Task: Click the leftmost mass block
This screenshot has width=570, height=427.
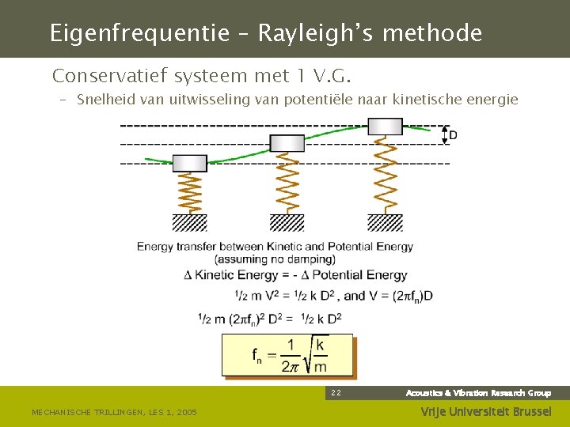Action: click(x=190, y=163)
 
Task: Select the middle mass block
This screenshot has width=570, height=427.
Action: click(x=287, y=143)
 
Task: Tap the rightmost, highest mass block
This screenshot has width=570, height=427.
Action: click(x=385, y=127)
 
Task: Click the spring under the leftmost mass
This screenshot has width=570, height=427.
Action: click(x=190, y=193)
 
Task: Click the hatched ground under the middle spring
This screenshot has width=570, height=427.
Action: click(x=287, y=222)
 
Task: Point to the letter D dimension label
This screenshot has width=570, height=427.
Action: click(x=453, y=135)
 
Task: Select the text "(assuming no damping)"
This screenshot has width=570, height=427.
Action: click(x=275, y=259)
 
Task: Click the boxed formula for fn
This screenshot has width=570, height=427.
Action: click(x=287, y=355)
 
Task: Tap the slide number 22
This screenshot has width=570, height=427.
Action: click(x=336, y=393)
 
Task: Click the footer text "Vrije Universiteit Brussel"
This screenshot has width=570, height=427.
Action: click(x=486, y=412)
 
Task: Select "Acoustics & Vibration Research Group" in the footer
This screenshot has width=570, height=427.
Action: click(x=478, y=393)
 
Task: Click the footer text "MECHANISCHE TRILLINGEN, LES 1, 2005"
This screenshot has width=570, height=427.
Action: click(x=114, y=412)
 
